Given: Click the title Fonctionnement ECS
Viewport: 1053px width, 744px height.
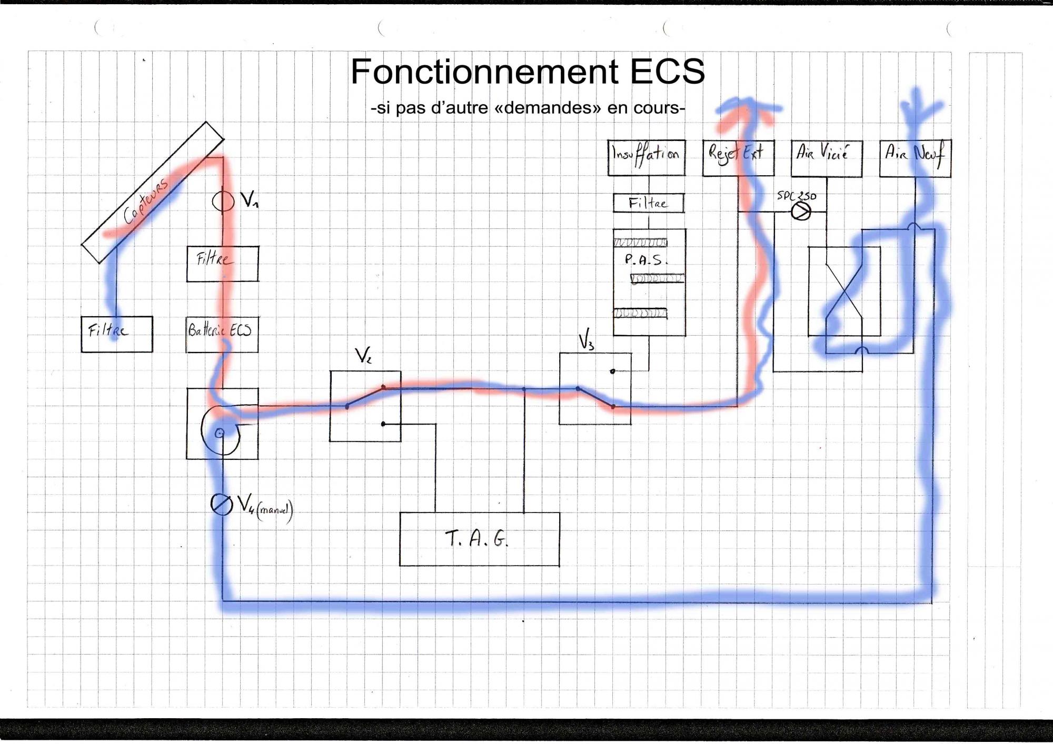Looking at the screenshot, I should [x=528, y=72].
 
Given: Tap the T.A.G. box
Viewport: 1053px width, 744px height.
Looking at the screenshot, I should [x=479, y=539].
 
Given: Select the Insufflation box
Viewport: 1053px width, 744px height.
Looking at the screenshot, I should [x=646, y=157].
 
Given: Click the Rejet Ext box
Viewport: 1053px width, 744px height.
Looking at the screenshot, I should [x=738, y=157].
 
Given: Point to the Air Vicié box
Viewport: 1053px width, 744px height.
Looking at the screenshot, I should [x=826, y=158].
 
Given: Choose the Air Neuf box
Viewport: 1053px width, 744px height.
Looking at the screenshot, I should [x=915, y=158].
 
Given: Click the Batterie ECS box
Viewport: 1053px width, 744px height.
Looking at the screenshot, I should [x=222, y=334].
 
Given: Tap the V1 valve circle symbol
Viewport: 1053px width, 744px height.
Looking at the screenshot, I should [x=223, y=200].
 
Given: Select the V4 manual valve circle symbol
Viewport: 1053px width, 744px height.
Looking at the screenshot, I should [x=221, y=504].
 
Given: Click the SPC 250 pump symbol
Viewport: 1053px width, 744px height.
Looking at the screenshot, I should [x=801, y=212].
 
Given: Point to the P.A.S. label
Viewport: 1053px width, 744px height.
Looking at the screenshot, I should [x=645, y=259].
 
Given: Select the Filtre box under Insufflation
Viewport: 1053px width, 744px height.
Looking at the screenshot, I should [x=648, y=203].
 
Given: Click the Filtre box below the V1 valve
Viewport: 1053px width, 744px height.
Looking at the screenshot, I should [x=222, y=264].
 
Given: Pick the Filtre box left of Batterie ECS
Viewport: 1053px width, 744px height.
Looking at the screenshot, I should [x=116, y=334].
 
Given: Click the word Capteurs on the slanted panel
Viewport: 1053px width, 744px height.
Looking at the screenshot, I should [x=146, y=200].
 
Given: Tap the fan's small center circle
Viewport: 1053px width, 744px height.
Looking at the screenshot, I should [x=220, y=433].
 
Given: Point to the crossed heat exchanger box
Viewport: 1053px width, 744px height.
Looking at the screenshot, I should [x=844, y=291].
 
